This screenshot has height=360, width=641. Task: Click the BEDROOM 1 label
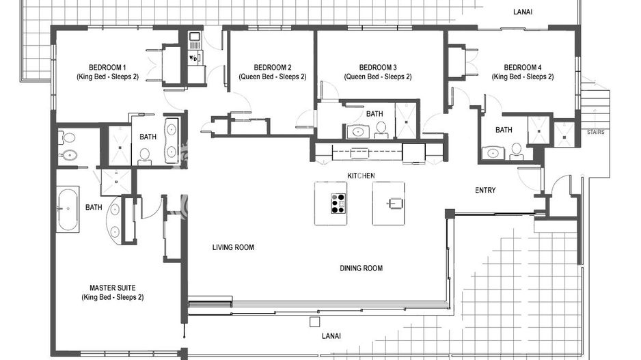[107, 67]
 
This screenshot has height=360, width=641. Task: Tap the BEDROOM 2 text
[272, 67]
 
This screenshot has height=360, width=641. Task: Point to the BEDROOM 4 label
[522, 67]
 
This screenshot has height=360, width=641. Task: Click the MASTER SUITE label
[112, 288]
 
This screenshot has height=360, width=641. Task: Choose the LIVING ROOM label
[233, 247]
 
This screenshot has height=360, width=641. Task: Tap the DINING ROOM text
[361, 268]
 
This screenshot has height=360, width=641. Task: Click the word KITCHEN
[361, 176]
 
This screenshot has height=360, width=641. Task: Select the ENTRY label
[485, 190]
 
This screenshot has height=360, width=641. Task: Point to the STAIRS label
[595, 133]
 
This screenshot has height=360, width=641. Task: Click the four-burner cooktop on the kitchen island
[338, 204]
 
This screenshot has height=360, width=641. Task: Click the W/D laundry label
[194, 58]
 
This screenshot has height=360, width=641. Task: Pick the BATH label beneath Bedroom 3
[374, 114]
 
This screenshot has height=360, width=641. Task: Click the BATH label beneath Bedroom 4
[504, 130]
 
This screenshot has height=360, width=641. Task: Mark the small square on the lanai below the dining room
[314, 321]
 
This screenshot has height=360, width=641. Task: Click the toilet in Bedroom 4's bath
[517, 150]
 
